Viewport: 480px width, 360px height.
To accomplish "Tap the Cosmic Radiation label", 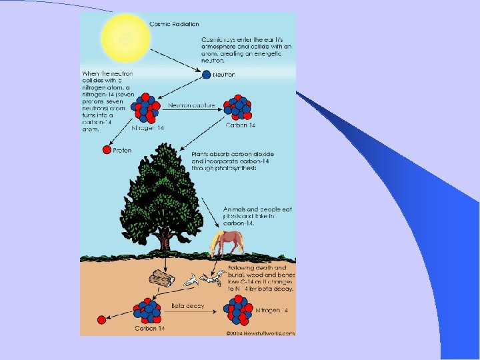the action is coord(174,24).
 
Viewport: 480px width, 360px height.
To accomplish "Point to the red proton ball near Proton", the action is coord(106,151).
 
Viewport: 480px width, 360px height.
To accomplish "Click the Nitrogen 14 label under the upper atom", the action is coord(147,127).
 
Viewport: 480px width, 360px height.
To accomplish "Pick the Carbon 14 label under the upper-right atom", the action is coord(241,125).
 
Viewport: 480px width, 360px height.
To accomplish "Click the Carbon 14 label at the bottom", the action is coord(151,328).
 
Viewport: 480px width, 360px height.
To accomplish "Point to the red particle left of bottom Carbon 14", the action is coord(101,319).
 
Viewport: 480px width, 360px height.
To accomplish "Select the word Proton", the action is coord(122,151).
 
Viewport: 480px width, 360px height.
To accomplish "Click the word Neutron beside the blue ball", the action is coord(224,75).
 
